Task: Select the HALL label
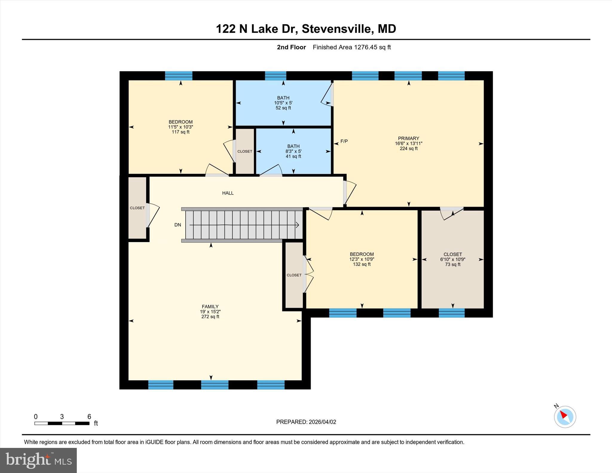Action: (228, 193)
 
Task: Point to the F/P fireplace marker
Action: (344, 141)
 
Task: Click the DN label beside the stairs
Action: (178, 225)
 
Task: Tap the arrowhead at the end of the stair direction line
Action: (297, 225)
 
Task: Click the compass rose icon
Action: (565, 417)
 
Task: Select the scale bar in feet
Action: (62, 423)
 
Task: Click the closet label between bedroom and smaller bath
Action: (245, 151)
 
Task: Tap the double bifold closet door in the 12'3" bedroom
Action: (308, 274)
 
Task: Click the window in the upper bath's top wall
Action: (276, 76)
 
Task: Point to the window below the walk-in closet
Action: (452, 313)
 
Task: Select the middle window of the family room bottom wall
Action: (215, 385)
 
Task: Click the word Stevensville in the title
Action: (336, 29)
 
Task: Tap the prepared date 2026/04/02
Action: (322, 422)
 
